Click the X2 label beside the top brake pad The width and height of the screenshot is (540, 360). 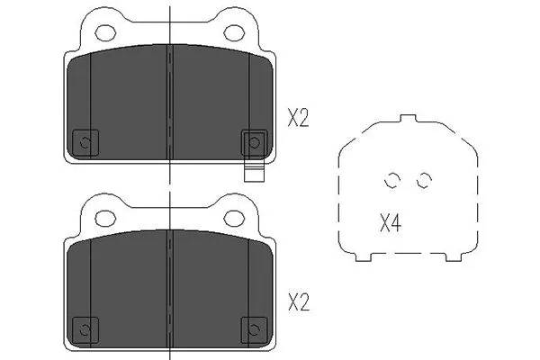(298, 118)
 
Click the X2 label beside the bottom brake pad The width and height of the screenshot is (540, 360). (298, 303)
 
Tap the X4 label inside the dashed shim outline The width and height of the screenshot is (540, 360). (390, 223)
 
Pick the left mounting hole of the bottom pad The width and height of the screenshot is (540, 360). (105, 217)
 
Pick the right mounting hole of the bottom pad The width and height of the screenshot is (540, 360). (235, 217)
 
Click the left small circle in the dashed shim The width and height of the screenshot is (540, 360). (391, 180)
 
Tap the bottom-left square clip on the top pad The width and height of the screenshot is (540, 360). (85, 141)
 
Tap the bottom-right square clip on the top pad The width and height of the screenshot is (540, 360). (254, 141)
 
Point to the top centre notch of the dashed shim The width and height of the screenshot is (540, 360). (408, 119)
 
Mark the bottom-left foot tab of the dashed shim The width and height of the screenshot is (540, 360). (364, 257)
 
